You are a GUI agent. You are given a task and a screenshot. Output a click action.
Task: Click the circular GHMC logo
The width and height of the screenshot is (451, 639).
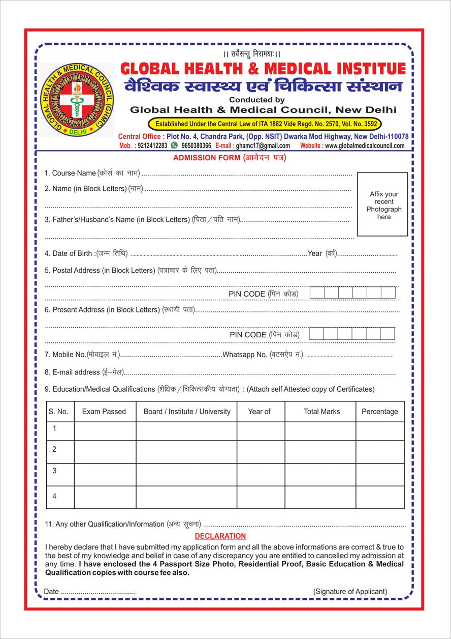[77, 100]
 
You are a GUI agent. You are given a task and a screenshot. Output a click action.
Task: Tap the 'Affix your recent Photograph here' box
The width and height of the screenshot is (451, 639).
[382, 205]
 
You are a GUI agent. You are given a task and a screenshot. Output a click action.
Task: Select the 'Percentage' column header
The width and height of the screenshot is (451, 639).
[379, 412]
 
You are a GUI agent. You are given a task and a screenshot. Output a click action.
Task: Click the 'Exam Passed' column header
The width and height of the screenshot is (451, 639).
[104, 412]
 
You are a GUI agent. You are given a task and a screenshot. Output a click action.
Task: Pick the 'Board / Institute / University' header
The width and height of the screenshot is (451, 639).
[186, 412]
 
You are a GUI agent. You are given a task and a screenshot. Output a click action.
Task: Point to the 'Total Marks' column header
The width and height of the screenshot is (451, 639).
[321, 412]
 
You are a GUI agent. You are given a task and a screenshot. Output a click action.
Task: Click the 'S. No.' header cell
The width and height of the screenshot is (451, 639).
[58, 412]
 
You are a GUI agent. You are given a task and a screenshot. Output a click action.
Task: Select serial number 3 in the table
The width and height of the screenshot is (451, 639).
[54, 471]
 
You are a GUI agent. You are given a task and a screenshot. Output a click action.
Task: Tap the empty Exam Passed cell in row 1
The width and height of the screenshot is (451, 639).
[105, 431]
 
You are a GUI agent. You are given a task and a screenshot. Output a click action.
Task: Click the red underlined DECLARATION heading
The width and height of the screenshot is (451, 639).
[220, 536]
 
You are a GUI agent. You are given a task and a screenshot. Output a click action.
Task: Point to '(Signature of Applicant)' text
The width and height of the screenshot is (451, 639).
[350, 592]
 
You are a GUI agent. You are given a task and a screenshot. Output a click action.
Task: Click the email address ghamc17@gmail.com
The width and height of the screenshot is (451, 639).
[263, 146]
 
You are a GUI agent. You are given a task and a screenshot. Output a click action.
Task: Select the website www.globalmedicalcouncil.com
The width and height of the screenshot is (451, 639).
[365, 146]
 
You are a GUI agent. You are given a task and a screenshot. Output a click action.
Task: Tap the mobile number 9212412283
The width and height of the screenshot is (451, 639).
[152, 146]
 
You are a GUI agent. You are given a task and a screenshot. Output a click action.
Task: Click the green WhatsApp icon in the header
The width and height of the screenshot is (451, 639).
[174, 146]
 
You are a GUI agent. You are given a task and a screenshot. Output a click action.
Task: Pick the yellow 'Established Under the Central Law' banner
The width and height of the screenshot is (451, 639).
[265, 124]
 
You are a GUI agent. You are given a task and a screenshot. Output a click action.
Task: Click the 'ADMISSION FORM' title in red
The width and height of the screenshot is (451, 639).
[207, 158]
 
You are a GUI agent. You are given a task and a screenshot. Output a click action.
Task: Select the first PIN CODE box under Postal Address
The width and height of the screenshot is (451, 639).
[317, 293]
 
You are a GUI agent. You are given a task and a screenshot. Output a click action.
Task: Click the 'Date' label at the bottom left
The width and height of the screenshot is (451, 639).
[52, 592]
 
